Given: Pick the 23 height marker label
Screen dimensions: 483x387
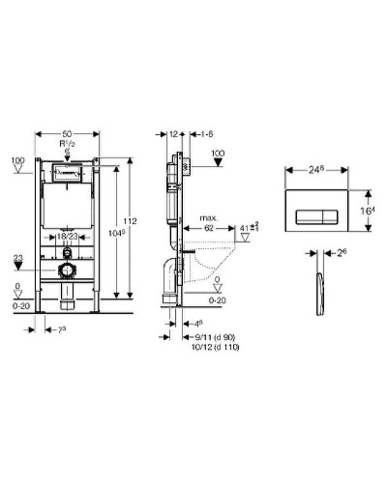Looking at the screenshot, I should tap(17, 257).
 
